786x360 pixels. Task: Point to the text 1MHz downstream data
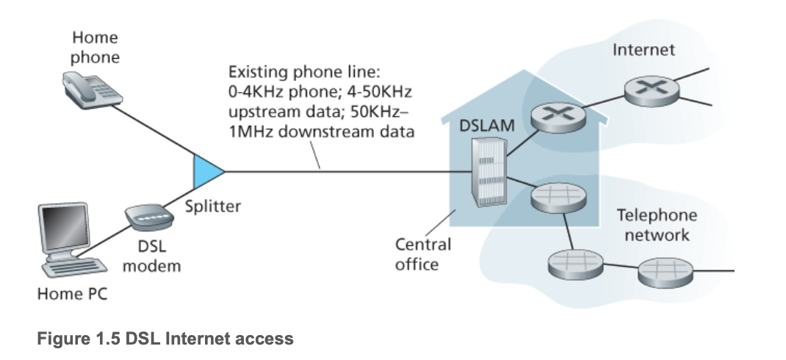coord(321,132)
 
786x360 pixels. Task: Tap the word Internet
coord(643,51)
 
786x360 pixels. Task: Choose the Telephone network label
coord(656,225)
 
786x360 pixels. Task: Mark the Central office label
coord(422,253)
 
